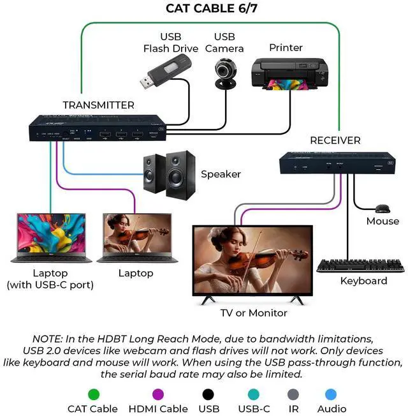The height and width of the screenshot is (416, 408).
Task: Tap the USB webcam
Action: (x=226, y=73)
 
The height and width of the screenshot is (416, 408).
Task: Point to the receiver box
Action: (x=335, y=163)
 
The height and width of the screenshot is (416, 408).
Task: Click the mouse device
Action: (x=382, y=209)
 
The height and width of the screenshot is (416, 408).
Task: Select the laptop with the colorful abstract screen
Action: (x=50, y=234)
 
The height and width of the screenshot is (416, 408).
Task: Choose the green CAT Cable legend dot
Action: (x=93, y=394)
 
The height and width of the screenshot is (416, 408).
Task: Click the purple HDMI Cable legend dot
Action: (x=156, y=394)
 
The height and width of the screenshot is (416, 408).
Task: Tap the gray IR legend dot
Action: (x=293, y=394)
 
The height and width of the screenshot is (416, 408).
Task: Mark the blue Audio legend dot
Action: (x=331, y=394)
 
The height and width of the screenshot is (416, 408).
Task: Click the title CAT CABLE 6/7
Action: (x=204, y=8)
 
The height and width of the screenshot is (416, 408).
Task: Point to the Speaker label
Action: (x=221, y=174)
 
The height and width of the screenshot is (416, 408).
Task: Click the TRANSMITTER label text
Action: (x=99, y=105)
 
